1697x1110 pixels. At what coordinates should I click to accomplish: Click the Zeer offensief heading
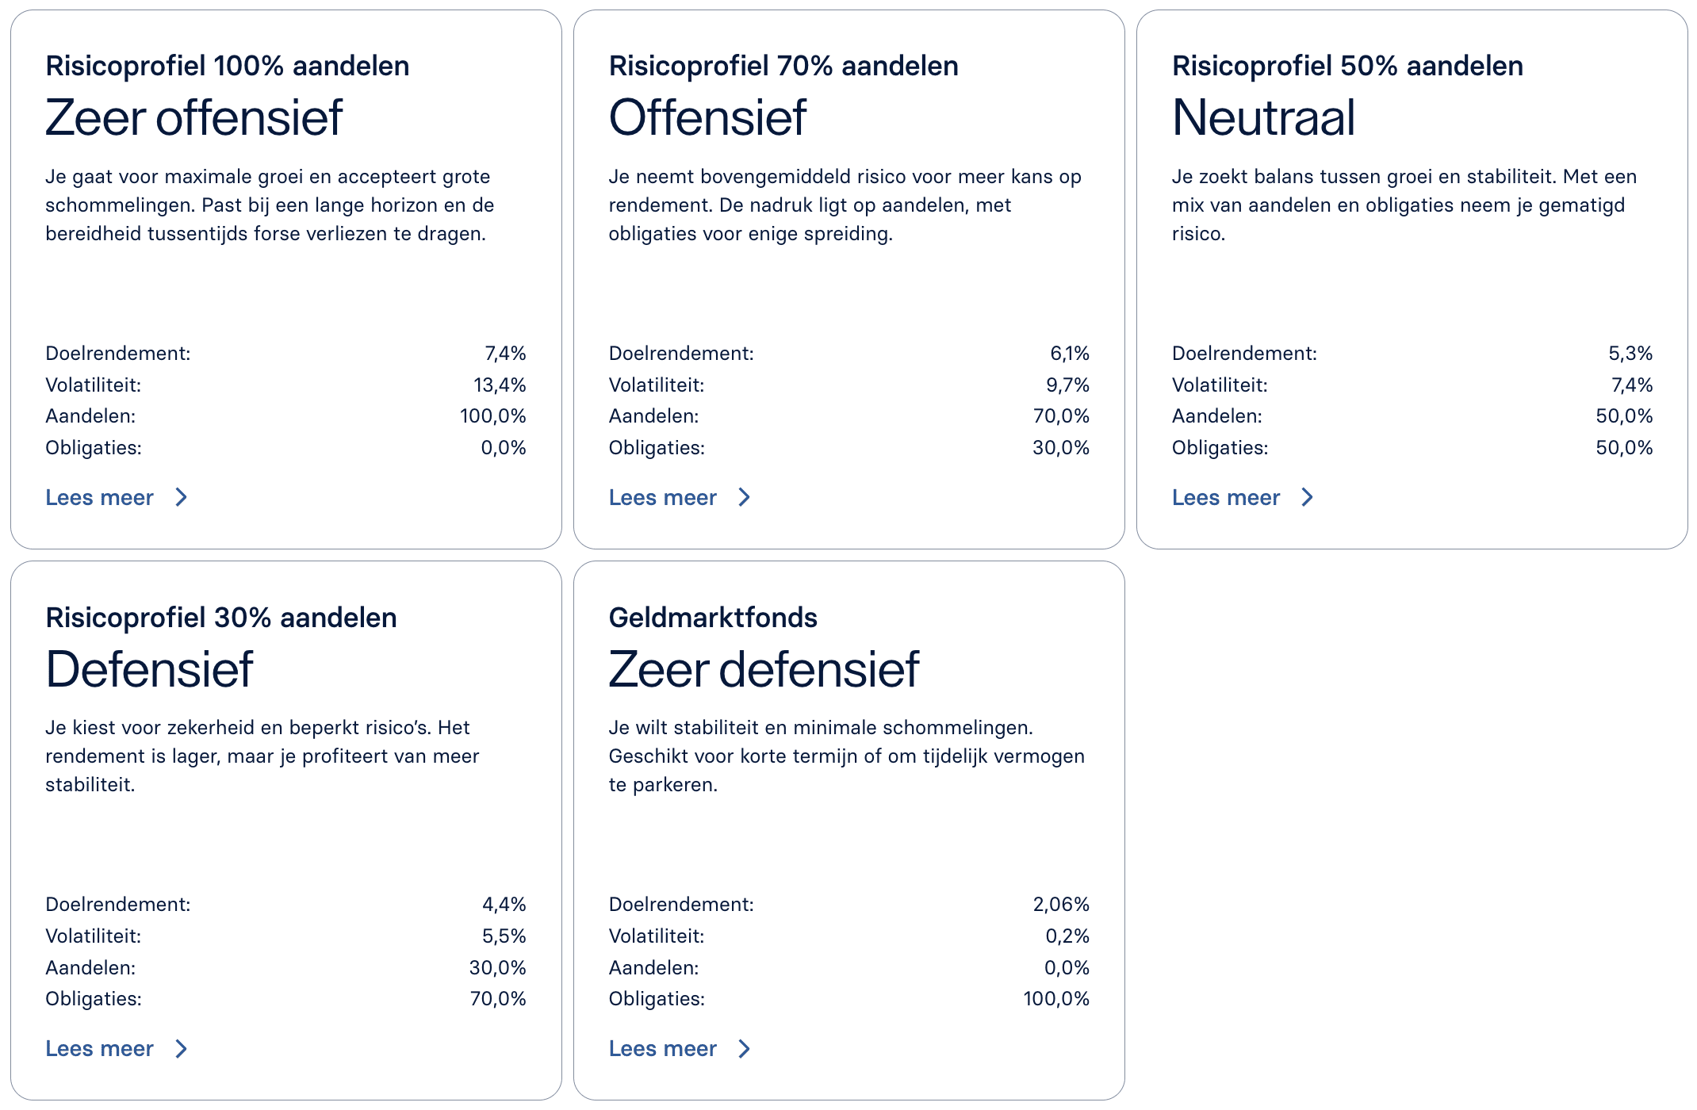click(x=193, y=118)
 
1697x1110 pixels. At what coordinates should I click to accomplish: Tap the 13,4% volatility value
click(x=500, y=385)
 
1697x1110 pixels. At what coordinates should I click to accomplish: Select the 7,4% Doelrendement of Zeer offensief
click(x=505, y=354)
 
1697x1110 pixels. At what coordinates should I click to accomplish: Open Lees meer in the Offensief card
click(x=663, y=498)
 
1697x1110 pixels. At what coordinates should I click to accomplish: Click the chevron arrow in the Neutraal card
click(x=1308, y=498)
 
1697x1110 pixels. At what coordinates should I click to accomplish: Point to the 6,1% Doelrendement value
click(x=1070, y=354)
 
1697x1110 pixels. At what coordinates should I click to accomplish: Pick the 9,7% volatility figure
click(x=1067, y=385)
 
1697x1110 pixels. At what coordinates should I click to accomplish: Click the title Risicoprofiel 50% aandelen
click(x=1347, y=66)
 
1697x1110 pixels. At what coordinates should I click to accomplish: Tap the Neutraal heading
click(x=1263, y=118)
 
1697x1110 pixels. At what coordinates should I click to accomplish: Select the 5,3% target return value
click(x=1630, y=354)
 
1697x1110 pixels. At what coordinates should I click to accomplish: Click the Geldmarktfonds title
click(x=713, y=618)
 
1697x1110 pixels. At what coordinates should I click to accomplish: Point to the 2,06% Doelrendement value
click(x=1061, y=905)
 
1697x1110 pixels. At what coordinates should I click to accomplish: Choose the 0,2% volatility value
click(x=1067, y=936)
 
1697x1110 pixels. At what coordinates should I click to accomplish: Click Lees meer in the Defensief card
click(x=100, y=1049)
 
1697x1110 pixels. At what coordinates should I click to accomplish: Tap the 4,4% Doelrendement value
click(x=504, y=905)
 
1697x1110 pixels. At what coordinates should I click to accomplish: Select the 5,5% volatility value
click(x=504, y=936)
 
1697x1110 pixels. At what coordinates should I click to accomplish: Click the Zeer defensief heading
click(x=764, y=670)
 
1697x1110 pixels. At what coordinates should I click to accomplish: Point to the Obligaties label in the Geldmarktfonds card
click(x=657, y=999)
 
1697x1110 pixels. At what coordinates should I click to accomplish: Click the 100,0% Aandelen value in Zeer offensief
click(x=492, y=416)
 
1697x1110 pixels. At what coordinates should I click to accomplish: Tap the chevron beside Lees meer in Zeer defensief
click(x=745, y=1049)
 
